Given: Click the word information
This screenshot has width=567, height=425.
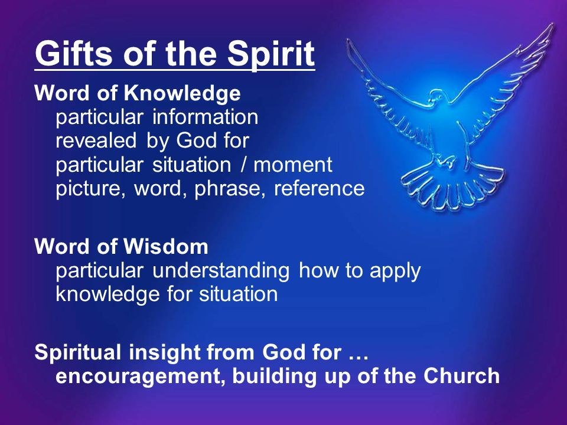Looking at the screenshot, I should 205,117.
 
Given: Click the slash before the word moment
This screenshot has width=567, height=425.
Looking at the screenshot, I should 244,165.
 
